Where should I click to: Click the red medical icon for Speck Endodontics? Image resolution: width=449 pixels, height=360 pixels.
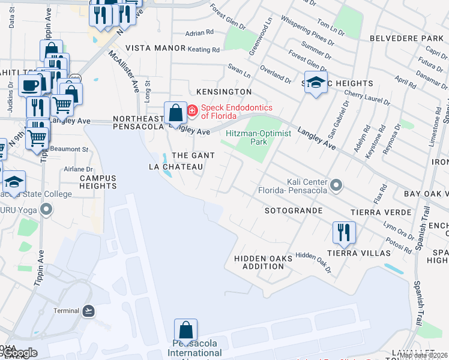click(x=192, y=110)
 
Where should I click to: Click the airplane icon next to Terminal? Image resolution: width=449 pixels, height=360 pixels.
click(x=89, y=310)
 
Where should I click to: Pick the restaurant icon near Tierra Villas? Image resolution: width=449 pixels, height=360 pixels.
click(x=344, y=231)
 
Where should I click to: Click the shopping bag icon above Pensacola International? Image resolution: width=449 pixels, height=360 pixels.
click(x=185, y=331)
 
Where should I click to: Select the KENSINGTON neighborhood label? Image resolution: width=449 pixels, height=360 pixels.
click(x=224, y=92)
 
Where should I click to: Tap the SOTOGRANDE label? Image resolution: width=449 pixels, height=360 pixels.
click(x=294, y=211)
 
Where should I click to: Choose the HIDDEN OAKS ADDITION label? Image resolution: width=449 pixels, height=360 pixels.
click(x=262, y=262)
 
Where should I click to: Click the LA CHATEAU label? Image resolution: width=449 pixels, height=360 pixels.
click(x=175, y=167)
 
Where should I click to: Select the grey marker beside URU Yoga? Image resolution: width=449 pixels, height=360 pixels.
click(x=46, y=209)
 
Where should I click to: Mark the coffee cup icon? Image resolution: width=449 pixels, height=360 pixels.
click(x=29, y=85)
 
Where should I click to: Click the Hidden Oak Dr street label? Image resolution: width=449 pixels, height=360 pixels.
click(x=313, y=259)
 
